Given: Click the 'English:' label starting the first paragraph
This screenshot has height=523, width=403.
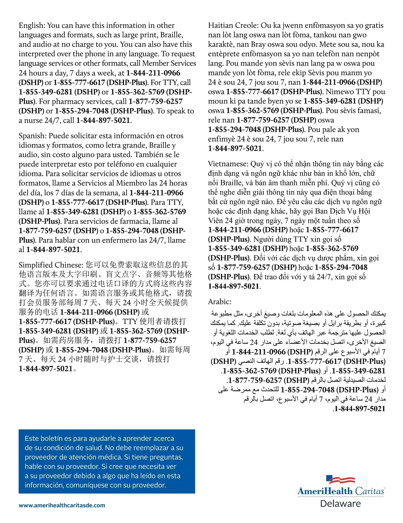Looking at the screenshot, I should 32,26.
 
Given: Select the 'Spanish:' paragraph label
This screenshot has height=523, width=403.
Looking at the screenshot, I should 33,136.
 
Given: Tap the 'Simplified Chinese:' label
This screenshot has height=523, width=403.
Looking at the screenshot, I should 51,265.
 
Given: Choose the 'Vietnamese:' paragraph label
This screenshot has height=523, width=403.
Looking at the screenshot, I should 228,164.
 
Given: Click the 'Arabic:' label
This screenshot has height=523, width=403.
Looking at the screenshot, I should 220,302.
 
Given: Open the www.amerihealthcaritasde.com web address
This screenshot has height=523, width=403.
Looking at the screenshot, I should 62,505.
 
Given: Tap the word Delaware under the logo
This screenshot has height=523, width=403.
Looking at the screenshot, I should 340,504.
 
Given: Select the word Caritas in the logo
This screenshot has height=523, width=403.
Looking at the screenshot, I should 369,491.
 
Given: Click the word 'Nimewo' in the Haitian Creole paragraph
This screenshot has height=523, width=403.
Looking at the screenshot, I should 340,92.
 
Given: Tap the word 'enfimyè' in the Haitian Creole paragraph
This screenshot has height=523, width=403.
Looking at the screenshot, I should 222,139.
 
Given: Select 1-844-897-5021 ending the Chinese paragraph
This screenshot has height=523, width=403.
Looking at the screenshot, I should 46,369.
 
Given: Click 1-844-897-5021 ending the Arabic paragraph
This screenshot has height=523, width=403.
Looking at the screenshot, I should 359,409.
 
